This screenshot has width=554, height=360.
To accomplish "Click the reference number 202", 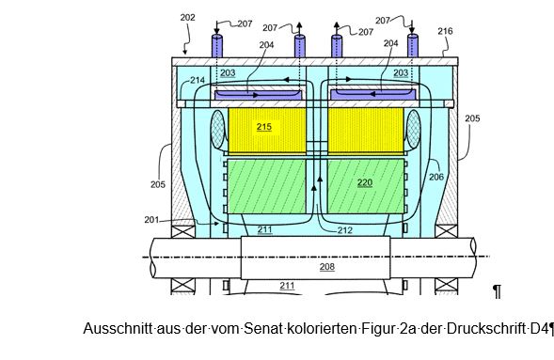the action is pos(187,17).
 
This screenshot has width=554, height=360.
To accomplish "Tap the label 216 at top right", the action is pos(445,31).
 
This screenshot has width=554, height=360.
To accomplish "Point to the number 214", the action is pos(198,80).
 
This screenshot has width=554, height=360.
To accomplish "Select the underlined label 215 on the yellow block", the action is pos(264,127).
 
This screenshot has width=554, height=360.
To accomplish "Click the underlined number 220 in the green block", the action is pos(365,182).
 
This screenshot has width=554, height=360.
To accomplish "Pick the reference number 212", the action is pos(345,230).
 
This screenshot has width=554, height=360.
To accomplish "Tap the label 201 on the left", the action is pos(151,220).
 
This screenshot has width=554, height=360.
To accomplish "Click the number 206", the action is pos(436,177).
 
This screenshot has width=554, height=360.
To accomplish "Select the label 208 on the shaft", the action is pos(326,267).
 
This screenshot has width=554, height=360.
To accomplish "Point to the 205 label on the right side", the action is pos(472,118).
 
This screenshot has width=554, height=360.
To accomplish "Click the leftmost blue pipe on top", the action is pos(217,46).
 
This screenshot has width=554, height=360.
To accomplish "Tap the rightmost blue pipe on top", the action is pos(413,45).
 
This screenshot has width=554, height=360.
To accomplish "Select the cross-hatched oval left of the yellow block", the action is pos(217,130).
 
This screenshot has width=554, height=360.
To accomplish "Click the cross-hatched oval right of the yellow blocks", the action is pos(413,130).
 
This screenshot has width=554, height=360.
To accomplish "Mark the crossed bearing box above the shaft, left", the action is pos(183,231).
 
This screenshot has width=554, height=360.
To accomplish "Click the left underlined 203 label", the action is pos(228,73).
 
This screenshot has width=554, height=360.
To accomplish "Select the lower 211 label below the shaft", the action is pos(287,285).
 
